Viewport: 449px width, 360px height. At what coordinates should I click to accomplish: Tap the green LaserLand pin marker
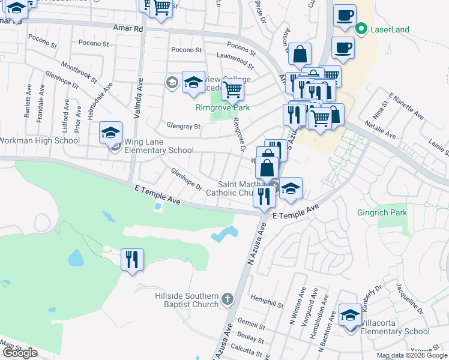tap(361, 28)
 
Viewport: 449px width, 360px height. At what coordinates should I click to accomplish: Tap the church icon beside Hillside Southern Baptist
tap(227, 298)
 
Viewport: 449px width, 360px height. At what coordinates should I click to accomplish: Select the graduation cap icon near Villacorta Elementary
tap(351, 314)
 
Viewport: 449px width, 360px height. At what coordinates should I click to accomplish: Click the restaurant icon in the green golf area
tap(132, 259)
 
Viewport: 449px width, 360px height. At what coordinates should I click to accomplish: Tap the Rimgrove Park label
tap(223, 108)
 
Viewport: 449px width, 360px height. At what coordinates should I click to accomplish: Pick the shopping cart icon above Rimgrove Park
tap(232, 90)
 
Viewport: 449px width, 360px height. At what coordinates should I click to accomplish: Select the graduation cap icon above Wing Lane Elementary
tap(110, 131)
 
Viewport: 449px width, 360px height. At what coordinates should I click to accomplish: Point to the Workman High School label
tap(40, 140)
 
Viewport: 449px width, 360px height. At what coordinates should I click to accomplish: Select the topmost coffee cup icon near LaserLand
tap(345, 16)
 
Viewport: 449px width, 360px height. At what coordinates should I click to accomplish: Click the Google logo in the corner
tap(20, 353)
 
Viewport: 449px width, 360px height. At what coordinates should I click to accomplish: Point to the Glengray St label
tap(183, 127)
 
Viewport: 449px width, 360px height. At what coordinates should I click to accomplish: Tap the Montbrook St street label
tap(79, 73)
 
